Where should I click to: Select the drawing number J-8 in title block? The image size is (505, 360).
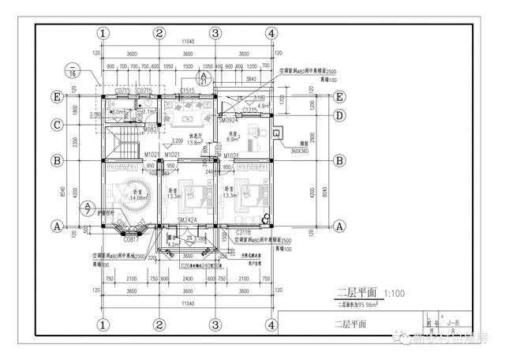[x=453, y=322]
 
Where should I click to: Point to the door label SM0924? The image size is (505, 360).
[x=228, y=120]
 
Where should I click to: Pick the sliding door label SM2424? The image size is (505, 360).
[x=186, y=221]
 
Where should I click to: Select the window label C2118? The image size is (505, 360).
[x=243, y=234]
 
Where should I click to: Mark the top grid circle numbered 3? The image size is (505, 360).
[x=215, y=33]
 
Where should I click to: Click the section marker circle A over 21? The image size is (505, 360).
[x=204, y=77]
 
